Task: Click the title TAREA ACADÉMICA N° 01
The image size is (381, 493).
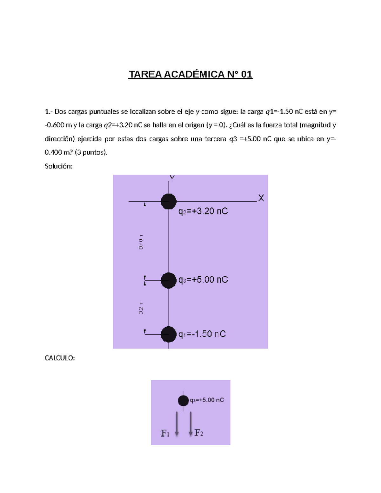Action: (x=190, y=74)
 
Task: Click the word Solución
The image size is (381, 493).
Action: (x=58, y=166)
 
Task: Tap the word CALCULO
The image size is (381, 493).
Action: (x=59, y=358)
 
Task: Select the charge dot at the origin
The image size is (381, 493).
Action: (x=168, y=201)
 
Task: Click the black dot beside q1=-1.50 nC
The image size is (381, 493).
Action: (x=168, y=334)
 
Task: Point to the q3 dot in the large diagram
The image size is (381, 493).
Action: (x=168, y=280)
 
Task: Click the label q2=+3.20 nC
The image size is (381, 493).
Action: (x=203, y=211)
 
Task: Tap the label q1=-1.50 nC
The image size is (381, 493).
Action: (x=202, y=334)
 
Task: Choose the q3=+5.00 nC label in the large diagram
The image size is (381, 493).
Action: (x=203, y=280)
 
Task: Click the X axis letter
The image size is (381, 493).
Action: (x=261, y=198)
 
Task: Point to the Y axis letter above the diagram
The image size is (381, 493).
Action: (x=172, y=177)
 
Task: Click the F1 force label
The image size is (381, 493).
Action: (x=165, y=433)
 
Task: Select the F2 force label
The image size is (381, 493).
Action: (x=199, y=433)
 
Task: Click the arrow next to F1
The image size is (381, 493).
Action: (x=177, y=424)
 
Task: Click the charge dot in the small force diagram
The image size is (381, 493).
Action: (x=183, y=401)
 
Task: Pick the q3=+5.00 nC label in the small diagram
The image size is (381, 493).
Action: (x=207, y=400)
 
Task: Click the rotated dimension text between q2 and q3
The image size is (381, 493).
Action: (x=141, y=242)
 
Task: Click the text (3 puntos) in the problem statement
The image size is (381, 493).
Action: (x=91, y=152)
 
